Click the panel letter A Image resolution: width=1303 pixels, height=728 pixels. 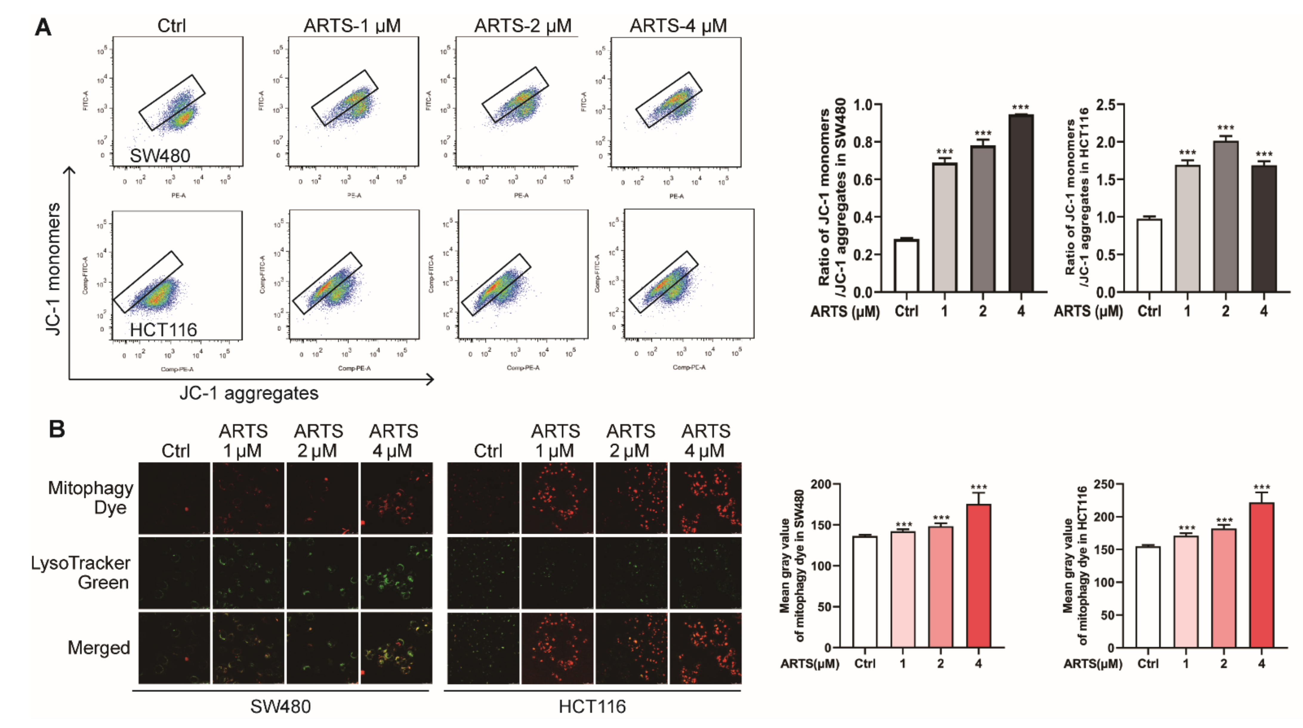(43, 27)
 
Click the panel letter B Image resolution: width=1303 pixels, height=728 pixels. (57, 429)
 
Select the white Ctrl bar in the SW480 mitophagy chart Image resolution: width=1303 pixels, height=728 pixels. (864, 591)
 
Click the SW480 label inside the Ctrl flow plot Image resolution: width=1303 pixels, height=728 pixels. (160, 156)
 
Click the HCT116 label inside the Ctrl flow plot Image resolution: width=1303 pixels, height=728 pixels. (163, 330)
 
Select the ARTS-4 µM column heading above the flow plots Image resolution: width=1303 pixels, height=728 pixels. (678, 25)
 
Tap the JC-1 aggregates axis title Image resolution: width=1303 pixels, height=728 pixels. (249, 393)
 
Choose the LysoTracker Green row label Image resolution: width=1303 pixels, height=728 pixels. (81, 573)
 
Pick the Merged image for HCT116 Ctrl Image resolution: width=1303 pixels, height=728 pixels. (483, 648)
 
